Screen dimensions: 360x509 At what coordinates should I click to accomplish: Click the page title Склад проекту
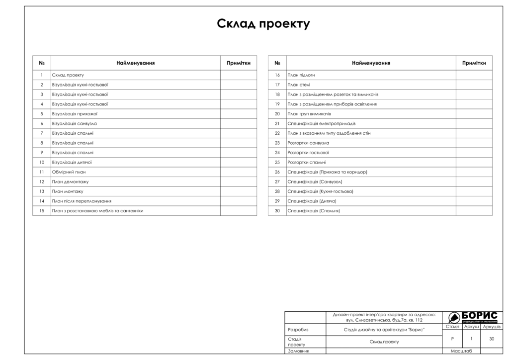pyautogui.click(x=263, y=24)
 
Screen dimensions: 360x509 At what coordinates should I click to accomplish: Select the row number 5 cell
pyautogui.click(x=42, y=114)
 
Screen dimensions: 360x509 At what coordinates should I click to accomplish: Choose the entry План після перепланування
pyautogui.click(x=81, y=201)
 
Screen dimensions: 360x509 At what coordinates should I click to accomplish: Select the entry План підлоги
pyautogui.click(x=301, y=75)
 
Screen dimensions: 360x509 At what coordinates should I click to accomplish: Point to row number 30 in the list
pyautogui.click(x=277, y=211)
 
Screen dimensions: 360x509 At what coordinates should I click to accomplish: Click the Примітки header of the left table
pyautogui.click(x=239, y=63)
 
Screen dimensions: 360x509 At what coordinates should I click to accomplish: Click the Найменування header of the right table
pyautogui.click(x=371, y=63)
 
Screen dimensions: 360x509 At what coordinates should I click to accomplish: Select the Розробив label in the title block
pyautogui.click(x=298, y=330)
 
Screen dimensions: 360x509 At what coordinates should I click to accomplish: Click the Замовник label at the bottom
pyautogui.click(x=299, y=351)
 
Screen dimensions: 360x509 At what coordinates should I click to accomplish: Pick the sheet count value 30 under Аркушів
pyautogui.click(x=491, y=339)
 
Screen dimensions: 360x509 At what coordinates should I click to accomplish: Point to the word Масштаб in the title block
pyautogui.click(x=462, y=351)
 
